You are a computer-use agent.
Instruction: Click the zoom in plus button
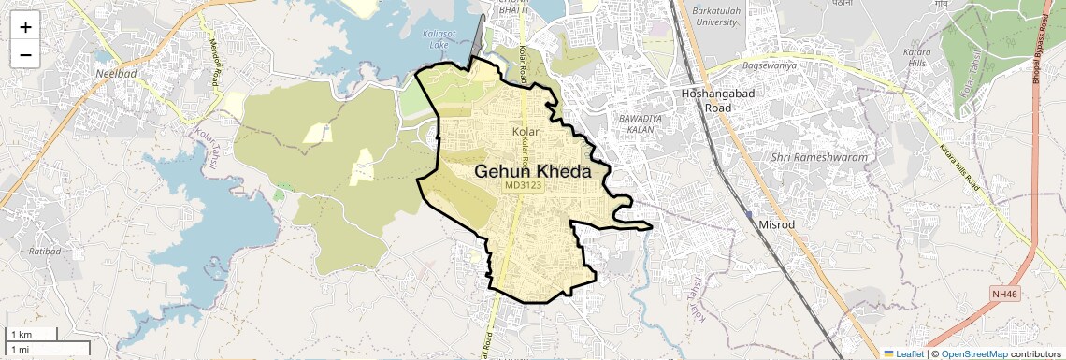pos(25,27)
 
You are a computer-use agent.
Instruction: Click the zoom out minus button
pos(25,55)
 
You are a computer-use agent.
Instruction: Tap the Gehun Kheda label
pos(532,172)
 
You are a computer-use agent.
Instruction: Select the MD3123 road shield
pos(524,186)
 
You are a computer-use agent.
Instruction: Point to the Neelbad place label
pos(115,72)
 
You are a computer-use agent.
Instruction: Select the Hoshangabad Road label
pos(705,101)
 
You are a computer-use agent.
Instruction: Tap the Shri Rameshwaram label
pos(820,157)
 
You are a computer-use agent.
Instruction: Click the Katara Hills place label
pos(915,59)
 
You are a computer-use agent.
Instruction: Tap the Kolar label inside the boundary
pos(527,132)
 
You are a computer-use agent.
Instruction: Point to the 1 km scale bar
pos(32,335)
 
